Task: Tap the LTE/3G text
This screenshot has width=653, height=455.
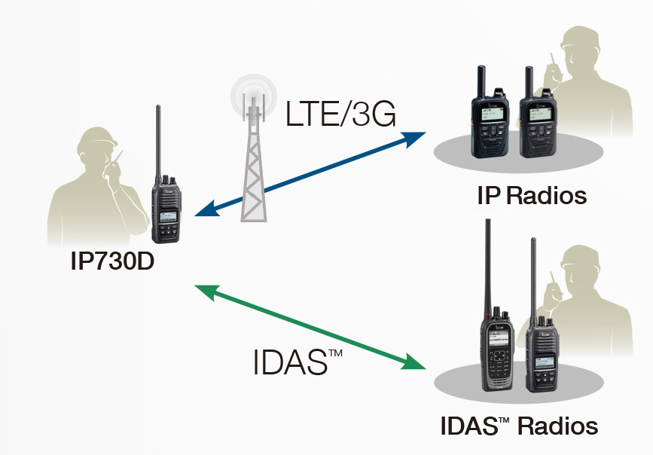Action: pyautogui.click(x=340, y=115)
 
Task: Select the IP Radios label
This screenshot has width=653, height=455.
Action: pyautogui.click(x=531, y=197)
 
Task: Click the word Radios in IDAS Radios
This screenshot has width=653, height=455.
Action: pyautogui.click(x=558, y=426)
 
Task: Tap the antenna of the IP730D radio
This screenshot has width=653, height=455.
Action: pyautogui.click(x=158, y=140)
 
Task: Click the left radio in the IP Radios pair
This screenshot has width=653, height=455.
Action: pyautogui.click(x=490, y=121)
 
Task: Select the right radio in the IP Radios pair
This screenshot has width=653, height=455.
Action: pyautogui.click(x=539, y=124)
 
